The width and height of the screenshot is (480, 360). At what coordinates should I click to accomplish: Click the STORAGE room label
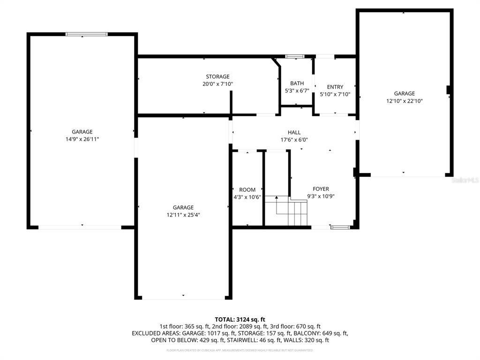(x=217, y=77)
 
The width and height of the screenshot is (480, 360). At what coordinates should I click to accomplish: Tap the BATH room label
(x=297, y=83)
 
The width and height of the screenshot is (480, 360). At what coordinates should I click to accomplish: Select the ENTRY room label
(x=335, y=87)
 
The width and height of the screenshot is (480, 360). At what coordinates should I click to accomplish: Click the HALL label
(x=294, y=133)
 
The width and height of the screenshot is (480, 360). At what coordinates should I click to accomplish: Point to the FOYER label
(x=321, y=189)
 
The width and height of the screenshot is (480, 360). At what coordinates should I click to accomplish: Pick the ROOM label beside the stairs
(x=247, y=190)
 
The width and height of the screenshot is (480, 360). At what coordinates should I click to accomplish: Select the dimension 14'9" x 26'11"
(x=82, y=139)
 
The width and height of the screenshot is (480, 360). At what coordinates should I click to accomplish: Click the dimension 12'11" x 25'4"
(x=183, y=215)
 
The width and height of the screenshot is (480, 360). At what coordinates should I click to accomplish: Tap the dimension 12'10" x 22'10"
(x=404, y=101)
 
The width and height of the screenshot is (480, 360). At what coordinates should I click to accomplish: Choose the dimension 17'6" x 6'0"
(x=294, y=140)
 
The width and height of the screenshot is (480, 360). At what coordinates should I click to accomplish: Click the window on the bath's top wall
(x=295, y=57)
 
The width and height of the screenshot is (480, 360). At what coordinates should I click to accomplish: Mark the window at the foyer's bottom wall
(x=340, y=227)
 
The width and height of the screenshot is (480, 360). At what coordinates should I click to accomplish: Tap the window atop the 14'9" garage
(x=86, y=34)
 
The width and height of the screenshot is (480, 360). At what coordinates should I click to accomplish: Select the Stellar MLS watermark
(x=466, y=180)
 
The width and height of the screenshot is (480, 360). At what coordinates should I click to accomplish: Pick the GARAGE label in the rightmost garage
(x=404, y=94)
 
